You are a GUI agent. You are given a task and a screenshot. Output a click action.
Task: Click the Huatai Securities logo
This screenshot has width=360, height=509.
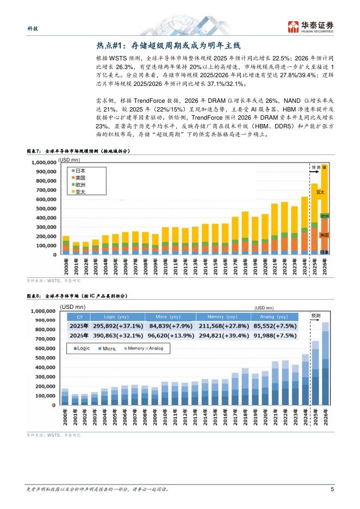tap(311, 26)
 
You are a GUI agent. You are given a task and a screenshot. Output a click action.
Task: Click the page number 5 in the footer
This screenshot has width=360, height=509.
tap(332, 489)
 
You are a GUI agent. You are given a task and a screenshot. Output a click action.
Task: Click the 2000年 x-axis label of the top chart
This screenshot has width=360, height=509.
tap(66, 266)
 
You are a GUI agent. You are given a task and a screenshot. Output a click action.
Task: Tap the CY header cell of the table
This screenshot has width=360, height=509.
tap(79, 316)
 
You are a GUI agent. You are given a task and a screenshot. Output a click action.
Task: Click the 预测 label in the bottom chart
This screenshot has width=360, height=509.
tap(316, 315)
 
